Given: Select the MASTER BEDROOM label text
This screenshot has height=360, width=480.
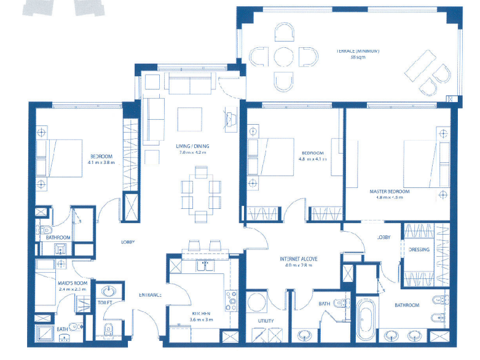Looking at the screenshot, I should [x=389, y=192].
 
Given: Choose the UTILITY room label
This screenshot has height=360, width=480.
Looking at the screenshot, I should [x=266, y=321].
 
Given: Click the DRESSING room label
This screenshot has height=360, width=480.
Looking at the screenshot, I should [x=419, y=249].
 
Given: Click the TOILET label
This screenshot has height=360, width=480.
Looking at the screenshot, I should [x=104, y=302].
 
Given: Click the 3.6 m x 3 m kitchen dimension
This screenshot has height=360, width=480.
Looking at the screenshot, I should [x=201, y=319].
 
